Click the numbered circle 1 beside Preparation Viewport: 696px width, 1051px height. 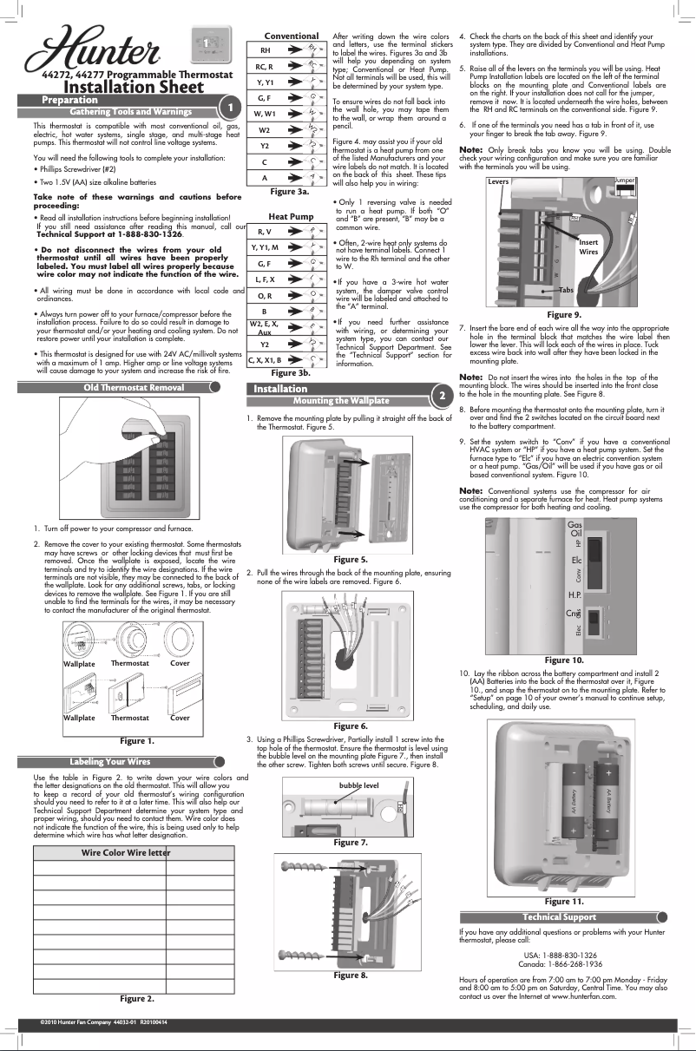(230, 106)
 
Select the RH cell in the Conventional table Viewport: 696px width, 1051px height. (265, 51)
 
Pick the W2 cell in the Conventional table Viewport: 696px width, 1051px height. (265, 129)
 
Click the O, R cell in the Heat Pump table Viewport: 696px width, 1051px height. (267, 295)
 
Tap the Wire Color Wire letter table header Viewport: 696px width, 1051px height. (126, 853)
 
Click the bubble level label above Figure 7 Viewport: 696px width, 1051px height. (360, 785)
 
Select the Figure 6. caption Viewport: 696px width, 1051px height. (351, 725)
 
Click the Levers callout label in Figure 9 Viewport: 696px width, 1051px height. (498, 182)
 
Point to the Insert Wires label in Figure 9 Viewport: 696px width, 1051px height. (589, 247)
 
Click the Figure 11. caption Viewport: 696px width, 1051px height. (564, 902)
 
